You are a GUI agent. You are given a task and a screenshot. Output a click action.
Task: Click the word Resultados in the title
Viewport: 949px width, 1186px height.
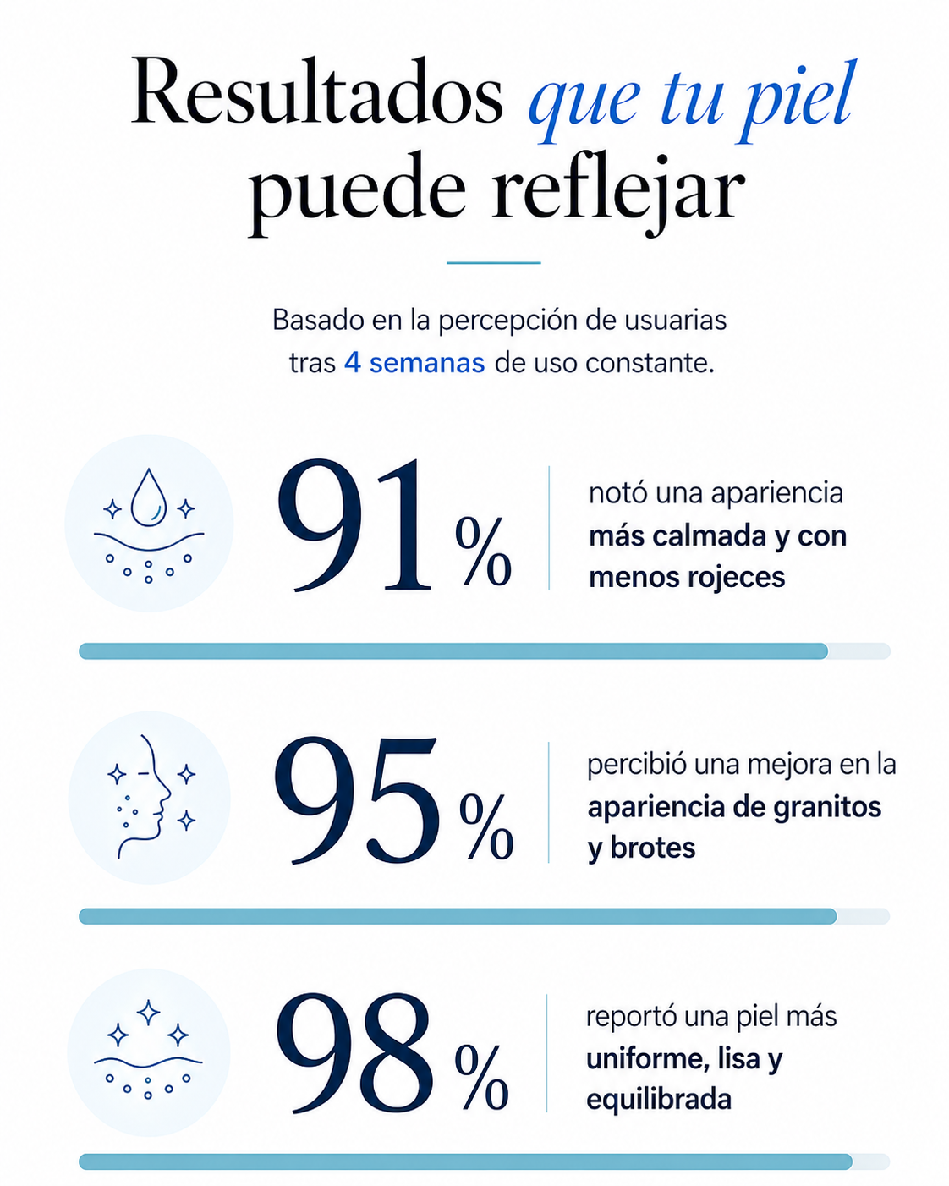pos(317,91)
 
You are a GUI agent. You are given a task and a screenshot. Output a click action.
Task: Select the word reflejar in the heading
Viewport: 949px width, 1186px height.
pos(617,193)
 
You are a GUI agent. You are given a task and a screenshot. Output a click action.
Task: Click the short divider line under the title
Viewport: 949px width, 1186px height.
pos(493,263)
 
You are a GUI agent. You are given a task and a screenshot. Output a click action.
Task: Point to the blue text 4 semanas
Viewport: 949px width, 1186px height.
pos(414,363)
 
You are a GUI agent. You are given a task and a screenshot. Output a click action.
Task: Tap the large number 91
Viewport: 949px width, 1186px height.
pos(354,525)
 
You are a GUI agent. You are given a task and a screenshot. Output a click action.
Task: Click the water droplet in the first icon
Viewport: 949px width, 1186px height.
pos(149,497)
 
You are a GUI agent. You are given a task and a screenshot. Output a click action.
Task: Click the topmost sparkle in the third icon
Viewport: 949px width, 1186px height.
pos(148,1013)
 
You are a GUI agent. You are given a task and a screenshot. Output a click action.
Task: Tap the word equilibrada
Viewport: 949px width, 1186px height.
pos(659,1100)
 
